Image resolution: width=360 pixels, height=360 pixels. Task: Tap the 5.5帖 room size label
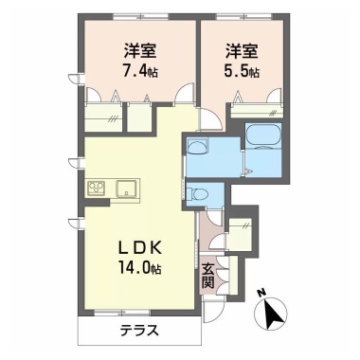242,72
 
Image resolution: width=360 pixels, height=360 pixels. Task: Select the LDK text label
140,248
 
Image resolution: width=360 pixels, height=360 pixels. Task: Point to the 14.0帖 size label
140,268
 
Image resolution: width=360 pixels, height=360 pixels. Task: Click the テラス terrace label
139,331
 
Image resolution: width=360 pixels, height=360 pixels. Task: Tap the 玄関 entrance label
207,275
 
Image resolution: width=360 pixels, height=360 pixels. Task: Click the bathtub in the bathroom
263,135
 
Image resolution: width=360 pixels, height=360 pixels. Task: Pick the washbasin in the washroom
197,147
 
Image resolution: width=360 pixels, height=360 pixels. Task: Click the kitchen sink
127,189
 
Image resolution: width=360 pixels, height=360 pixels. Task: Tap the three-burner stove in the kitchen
98,189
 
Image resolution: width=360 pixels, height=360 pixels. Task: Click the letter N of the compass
261,293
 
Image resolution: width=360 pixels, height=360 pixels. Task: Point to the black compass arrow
274,314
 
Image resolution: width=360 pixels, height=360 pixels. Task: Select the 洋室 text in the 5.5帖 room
242,51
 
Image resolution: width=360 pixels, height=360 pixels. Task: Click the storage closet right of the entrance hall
240,234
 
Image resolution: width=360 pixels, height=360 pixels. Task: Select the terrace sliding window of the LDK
122,313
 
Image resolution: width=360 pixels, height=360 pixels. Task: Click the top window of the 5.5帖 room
244,16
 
